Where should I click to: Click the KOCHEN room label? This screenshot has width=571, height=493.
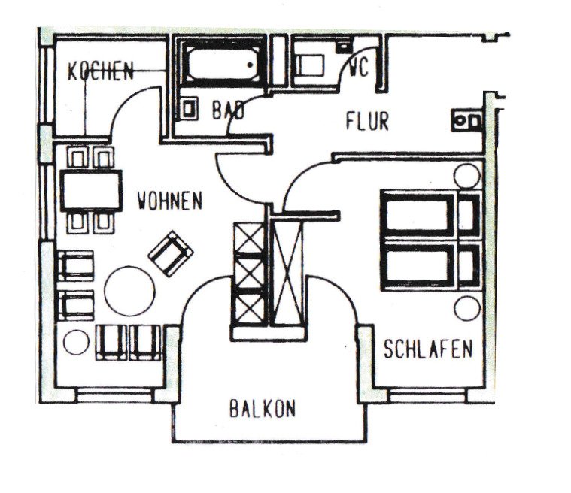(100, 72)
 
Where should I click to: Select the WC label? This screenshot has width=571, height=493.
(359, 69)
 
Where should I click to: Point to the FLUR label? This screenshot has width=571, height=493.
(367, 121)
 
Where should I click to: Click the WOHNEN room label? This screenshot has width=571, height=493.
(170, 201)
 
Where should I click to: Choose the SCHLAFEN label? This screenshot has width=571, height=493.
(427, 349)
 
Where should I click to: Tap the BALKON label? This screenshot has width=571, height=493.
(263, 409)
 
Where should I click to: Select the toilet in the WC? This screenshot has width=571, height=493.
(308, 64)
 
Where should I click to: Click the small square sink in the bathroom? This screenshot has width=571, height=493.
(188, 109)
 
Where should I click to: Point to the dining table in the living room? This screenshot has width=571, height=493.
(91, 190)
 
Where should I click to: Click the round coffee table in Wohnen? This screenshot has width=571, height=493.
(130, 290)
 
